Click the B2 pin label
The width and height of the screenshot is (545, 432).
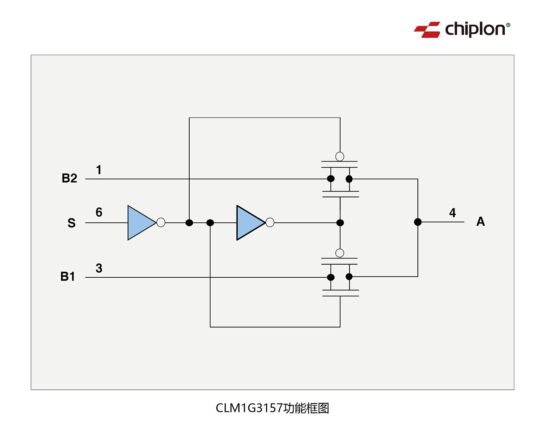(x=69, y=178)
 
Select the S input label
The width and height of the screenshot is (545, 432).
(x=72, y=223)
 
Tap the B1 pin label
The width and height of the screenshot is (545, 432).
(x=68, y=277)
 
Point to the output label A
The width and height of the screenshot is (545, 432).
(x=480, y=221)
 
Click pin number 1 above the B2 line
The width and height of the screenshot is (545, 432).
(x=99, y=170)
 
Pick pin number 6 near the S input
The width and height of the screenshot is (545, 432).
(x=99, y=212)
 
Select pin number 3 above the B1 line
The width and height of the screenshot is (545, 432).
(x=99, y=269)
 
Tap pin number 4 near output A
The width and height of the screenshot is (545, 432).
(x=452, y=213)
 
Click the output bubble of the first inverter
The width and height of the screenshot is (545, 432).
(x=161, y=222)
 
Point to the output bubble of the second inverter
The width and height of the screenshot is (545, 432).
(x=270, y=222)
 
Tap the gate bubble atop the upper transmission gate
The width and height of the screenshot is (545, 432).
(x=340, y=156)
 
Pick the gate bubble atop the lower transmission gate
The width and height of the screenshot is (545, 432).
(x=340, y=253)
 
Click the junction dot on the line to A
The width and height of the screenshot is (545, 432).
(x=418, y=222)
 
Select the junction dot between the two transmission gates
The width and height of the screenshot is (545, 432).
(x=340, y=223)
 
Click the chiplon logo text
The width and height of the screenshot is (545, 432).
(x=475, y=29)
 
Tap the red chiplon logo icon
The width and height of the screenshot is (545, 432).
(x=427, y=30)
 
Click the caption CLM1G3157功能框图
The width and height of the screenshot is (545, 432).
(x=272, y=408)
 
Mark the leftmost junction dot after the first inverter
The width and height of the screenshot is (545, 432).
(x=189, y=223)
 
